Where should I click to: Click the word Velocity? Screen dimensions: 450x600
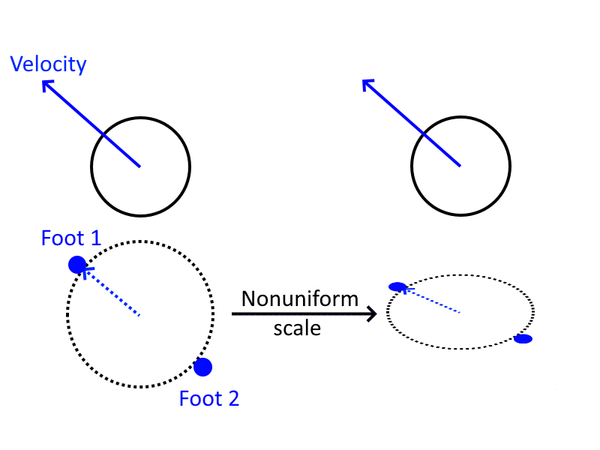pyautogui.click(x=48, y=65)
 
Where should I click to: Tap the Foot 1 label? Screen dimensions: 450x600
pyautogui.click(x=70, y=238)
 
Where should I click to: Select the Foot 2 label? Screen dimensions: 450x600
pyautogui.click(x=208, y=398)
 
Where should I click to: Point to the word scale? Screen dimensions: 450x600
pyautogui.click(x=297, y=328)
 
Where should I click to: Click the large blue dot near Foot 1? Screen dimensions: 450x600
pyautogui.click(x=76, y=264)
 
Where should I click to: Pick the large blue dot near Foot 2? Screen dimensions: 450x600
pyautogui.click(x=202, y=367)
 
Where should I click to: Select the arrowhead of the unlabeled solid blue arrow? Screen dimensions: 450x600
pyautogui.click(x=367, y=84)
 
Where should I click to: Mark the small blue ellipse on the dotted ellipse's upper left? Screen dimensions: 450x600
pyautogui.click(x=397, y=286)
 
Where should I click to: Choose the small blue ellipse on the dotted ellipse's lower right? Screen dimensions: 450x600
pyautogui.click(x=523, y=339)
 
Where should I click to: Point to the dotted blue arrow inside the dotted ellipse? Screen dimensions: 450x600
pyautogui.click(x=430, y=300)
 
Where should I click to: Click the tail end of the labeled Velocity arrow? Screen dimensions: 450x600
pyautogui.click(x=139, y=166)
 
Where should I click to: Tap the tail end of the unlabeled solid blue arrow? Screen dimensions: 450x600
pyautogui.click(x=460, y=166)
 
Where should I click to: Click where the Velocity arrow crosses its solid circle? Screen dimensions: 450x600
pyautogui.click(x=103, y=134)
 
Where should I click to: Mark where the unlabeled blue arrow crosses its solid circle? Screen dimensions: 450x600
pyautogui.click(x=424, y=134)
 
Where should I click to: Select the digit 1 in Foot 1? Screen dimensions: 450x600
pyautogui.click(x=94, y=238)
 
